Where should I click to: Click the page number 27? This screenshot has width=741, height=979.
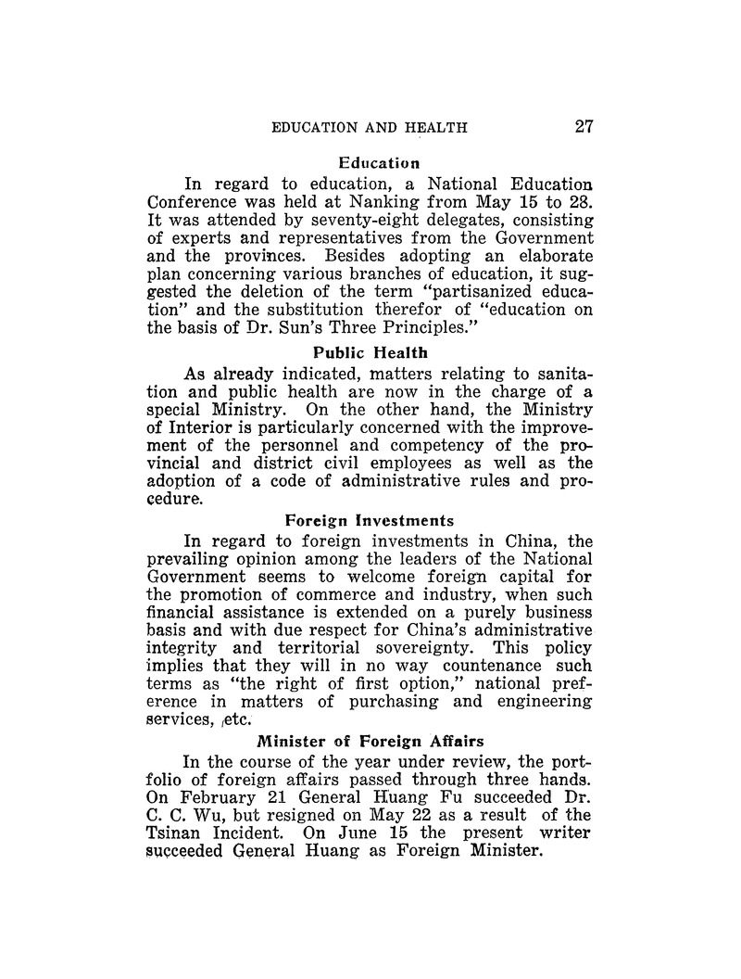click(x=583, y=127)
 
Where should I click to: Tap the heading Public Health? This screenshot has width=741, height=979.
click(x=369, y=352)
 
